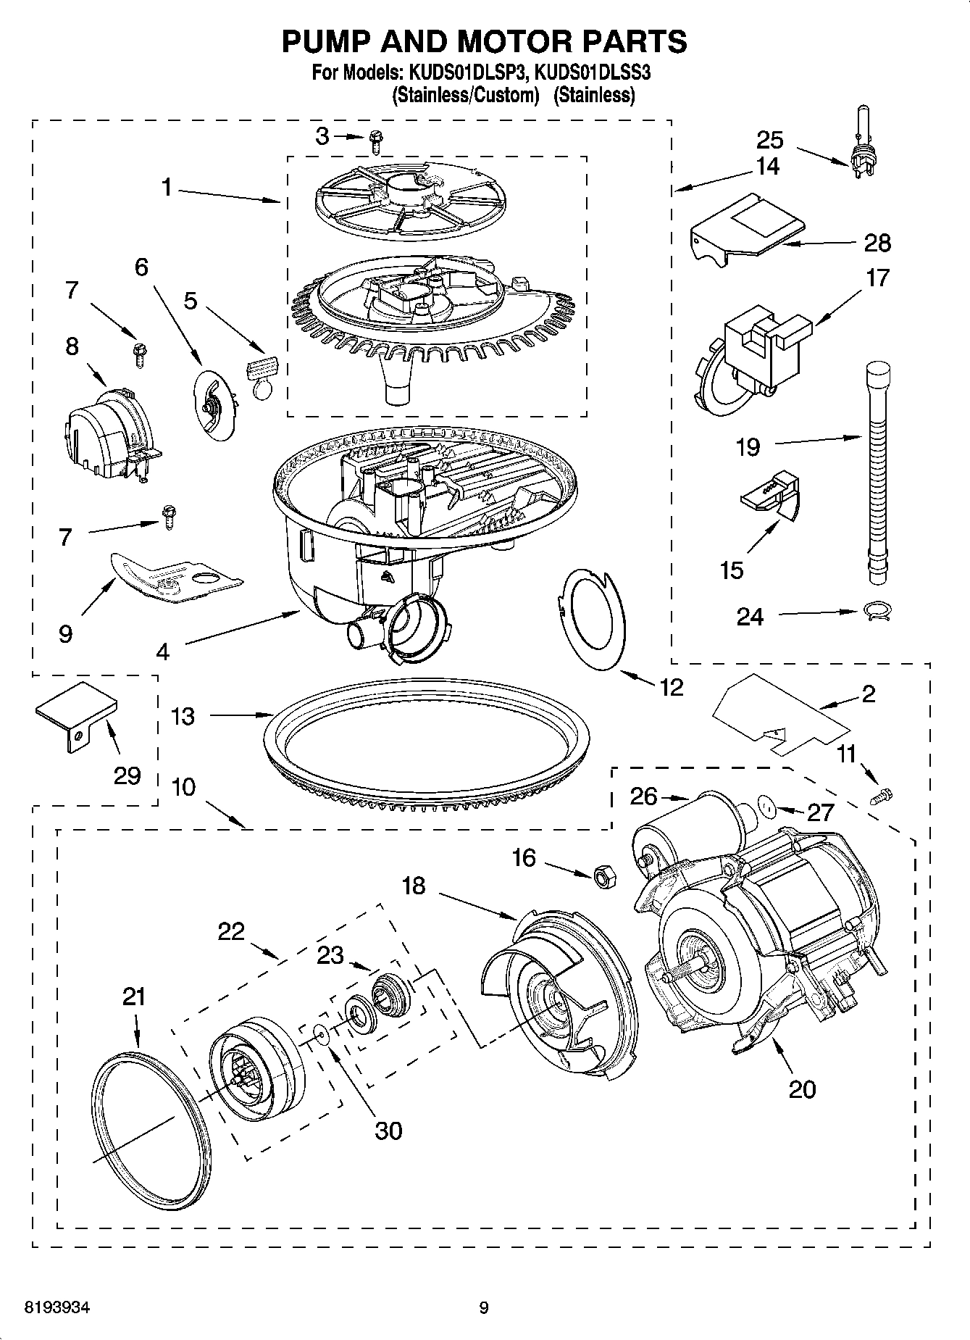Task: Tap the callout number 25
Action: click(770, 139)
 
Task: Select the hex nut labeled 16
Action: click(603, 875)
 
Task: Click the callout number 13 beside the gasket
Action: click(183, 716)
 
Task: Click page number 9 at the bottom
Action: click(484, 1308)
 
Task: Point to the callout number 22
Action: click(232, 931)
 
